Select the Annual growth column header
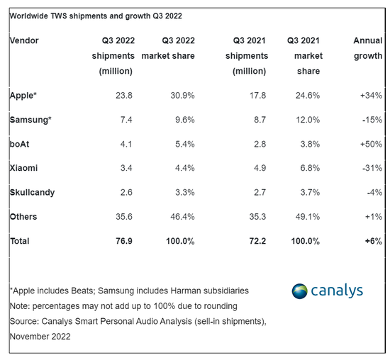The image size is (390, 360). tap(367, 48)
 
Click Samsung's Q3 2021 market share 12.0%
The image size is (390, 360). tap(304, 118)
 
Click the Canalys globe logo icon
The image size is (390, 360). tap(301, 291)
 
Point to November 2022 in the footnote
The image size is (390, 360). tap(41, 337)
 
